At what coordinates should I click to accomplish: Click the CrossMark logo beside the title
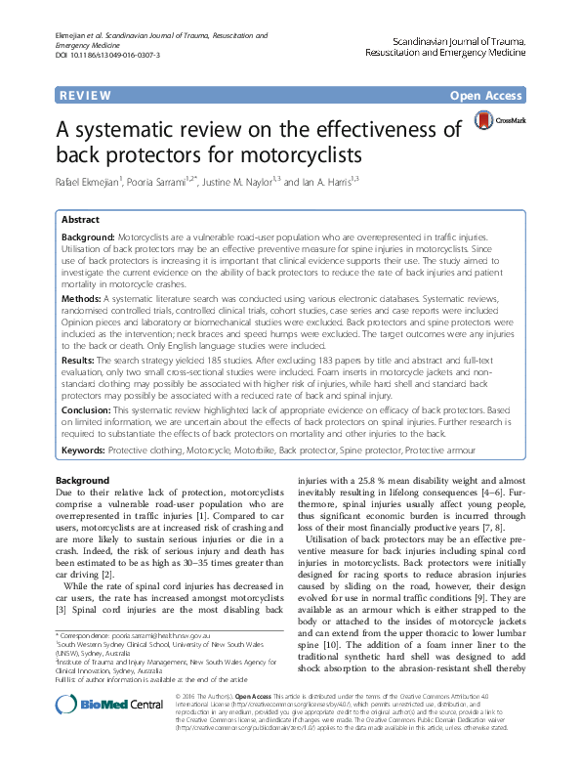click(x=498, y=122)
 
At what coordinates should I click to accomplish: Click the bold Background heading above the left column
click(x=83, y=480)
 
